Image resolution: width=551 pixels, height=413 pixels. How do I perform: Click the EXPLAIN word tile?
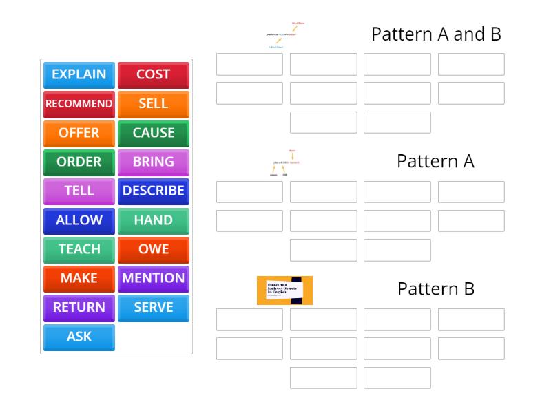click(79, 74)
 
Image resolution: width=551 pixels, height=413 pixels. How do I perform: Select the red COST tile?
click(153, 74)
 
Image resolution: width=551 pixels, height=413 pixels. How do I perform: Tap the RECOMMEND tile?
click(79, 104)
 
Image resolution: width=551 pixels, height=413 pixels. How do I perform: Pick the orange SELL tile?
click(153, 104)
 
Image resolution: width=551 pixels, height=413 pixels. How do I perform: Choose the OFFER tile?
click(79, 133)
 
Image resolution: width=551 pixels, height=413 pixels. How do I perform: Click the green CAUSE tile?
click(153, 133)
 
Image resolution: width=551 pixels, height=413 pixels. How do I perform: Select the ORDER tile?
click(79, 162)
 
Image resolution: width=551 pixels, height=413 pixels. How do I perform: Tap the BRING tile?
click(153, 162)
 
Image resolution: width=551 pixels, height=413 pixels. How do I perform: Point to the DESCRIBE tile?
click(153, 191)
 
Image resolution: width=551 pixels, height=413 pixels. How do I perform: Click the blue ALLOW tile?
click(79, 221)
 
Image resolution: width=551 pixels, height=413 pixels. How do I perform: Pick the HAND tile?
click(153, 221)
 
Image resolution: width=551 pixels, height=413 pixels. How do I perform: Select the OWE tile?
click(153, 250)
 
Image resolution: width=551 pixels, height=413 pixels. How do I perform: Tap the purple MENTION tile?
click(153, 279)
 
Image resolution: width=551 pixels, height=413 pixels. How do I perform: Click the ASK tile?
click(79, 337)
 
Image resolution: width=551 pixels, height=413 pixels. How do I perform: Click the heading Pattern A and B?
click(435, 34)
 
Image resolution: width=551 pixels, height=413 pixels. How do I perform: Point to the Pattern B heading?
click(435, 289)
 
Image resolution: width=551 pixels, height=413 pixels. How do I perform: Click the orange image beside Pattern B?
click(284, 290)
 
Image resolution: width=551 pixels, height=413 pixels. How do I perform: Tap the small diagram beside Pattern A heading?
click(285, 162)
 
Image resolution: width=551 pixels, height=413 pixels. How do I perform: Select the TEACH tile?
click(79, 250)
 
